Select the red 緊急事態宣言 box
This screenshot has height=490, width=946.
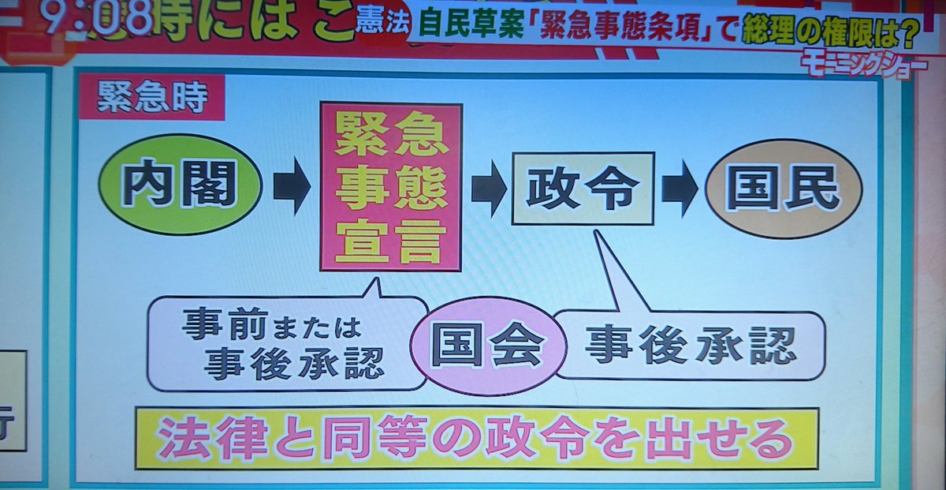coord(390,187)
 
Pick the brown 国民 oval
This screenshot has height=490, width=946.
coord(783,190)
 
